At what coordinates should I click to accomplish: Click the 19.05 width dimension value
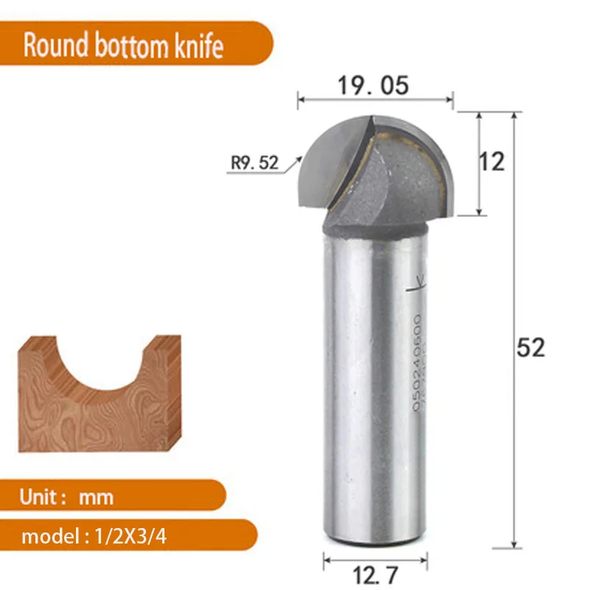tap(372, 86)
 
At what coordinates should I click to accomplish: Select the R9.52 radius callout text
tap(255, 162)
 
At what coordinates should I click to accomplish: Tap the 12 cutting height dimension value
tap(493, 162)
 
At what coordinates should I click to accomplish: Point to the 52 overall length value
tap(530, 347)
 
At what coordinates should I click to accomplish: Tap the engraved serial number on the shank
tap(418, 361)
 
